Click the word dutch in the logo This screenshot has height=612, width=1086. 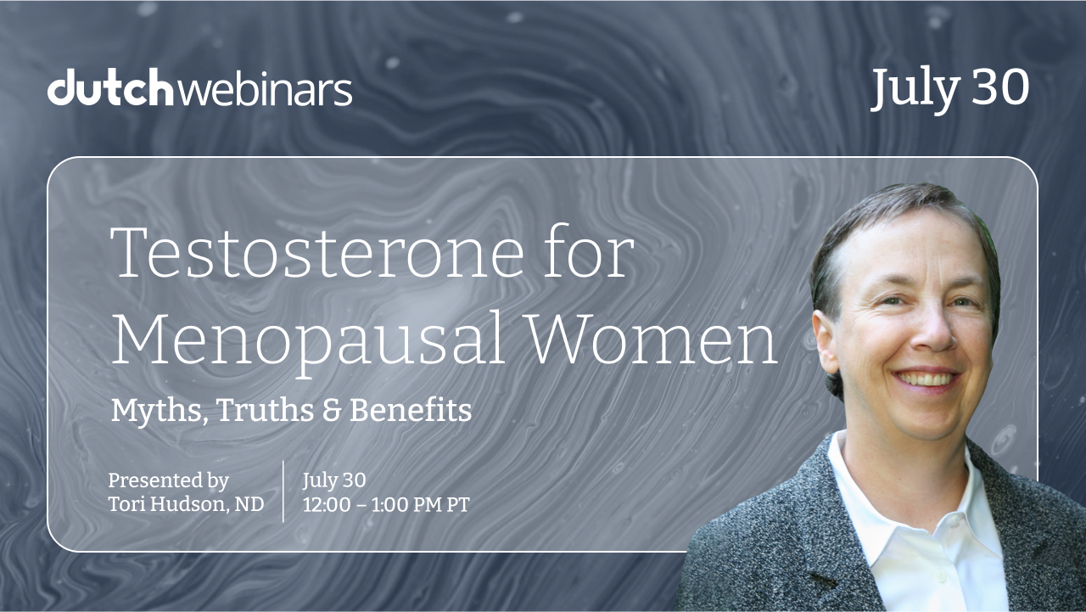110,87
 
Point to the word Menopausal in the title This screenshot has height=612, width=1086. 308,340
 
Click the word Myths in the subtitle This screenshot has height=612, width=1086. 160,411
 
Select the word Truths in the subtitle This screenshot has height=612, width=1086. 266,410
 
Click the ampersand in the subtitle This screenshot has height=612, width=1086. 332,411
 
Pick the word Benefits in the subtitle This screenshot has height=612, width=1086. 410,410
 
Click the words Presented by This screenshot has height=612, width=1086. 168,481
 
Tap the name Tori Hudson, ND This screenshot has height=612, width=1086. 186,504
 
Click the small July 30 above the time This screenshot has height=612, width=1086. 334,480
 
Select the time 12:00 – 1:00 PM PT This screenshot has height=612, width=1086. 386,505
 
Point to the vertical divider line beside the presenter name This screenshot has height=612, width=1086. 283,491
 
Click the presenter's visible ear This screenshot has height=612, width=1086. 826,340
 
